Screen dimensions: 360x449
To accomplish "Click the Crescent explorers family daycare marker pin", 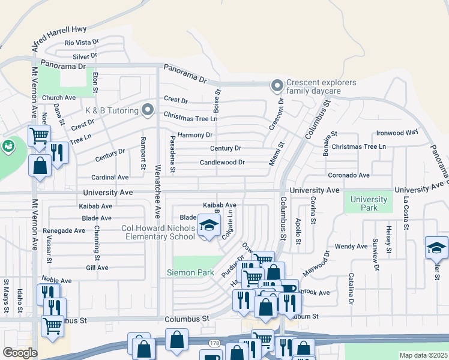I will coord(277,86).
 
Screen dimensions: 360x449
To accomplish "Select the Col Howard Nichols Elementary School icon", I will coord(209,226).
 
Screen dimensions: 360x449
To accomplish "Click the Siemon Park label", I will coord(190,272).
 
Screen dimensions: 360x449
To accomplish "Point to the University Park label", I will coord(369,203).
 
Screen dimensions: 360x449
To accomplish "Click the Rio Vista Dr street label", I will coord(82,43).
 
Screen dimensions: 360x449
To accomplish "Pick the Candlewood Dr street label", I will coord(222,162).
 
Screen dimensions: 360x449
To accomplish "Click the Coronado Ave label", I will coord(349,175).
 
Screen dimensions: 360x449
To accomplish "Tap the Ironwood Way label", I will coord(397,133).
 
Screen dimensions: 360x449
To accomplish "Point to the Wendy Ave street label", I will coord(351,246).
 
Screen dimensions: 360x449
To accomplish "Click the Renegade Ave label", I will coord(63,230).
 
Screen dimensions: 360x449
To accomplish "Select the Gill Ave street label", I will coord(97,268).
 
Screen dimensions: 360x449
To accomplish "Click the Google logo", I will coord(20,353).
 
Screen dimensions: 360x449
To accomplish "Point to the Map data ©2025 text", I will coord(423,355).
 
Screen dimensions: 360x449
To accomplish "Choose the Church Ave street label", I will coord(59,98).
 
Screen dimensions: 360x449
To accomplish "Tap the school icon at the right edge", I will coord(436,247).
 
